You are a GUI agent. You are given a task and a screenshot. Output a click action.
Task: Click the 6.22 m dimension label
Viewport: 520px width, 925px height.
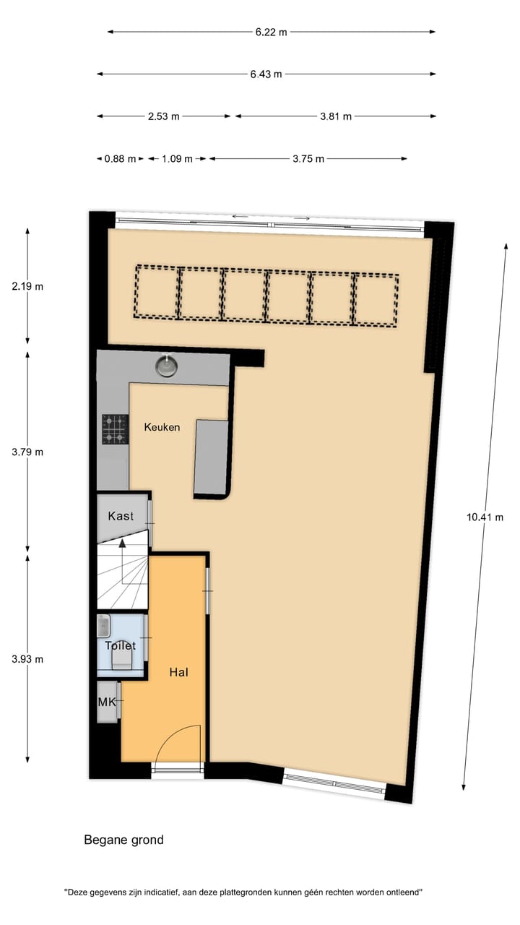(x=271, y=32)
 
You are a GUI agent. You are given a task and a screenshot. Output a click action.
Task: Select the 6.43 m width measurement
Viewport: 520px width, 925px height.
(x=266, y=74)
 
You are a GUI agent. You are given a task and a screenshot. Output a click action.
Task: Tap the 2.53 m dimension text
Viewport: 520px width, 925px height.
(x=164, y=116)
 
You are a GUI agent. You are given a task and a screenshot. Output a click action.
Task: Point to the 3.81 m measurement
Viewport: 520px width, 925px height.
(x=336, y=116)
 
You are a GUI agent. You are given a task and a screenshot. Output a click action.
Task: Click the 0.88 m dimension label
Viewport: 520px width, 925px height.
(x=120, y=159)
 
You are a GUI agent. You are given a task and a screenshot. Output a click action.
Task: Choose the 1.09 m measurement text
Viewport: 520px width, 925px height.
(x=177, y=159)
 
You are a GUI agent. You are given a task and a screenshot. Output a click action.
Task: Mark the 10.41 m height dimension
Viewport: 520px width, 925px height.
(x=485, y=517)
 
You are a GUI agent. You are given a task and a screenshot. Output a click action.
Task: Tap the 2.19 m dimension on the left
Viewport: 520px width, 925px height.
(x=28, y=286)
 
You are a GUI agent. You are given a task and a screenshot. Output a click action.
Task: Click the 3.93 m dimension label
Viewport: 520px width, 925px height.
(x=28, y=659)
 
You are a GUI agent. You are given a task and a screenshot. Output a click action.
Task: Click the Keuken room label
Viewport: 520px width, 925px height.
(x=162, y=427)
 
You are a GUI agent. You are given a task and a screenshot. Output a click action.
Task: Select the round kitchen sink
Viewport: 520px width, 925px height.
(x=168, y=365)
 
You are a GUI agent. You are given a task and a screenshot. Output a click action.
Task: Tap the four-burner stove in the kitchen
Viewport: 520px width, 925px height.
(x=114, y=428)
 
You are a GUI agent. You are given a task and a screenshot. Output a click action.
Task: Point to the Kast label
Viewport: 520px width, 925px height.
(x=121, y=516)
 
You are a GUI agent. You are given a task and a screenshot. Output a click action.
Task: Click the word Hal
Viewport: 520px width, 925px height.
(x=178, y=672)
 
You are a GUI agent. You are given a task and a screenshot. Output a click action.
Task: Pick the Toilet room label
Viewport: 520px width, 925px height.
(x=120, y=645)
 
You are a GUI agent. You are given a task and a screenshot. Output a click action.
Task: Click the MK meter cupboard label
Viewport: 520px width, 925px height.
(x=107, y=701)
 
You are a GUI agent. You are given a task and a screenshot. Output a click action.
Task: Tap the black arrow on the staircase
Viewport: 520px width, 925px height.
(x=123, y=543)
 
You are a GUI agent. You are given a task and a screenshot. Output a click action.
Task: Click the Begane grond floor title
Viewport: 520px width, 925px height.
(x=123, y=840)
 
